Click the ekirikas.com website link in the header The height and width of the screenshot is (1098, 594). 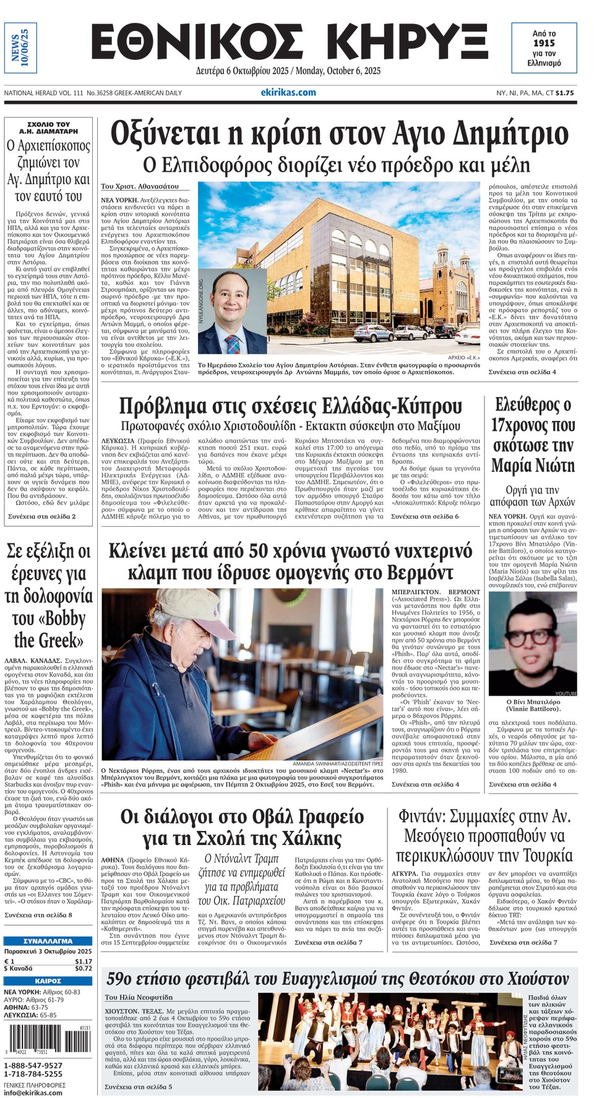pos(288,93)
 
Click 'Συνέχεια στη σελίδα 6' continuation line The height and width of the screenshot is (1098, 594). pos(424,516)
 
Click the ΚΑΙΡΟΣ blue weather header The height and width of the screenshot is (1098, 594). pos(48,981)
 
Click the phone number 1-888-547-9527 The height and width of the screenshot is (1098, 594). pos(33,1065)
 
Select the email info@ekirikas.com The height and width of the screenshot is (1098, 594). pos(33,1092)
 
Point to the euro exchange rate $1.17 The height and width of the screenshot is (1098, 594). pos(83,961)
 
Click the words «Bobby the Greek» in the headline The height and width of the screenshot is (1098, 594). pos(49,629)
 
